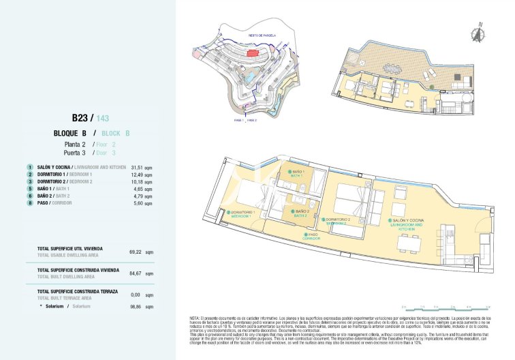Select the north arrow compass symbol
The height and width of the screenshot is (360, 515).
(x=480, y=31)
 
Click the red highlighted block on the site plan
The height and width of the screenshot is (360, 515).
(x=253, y=52)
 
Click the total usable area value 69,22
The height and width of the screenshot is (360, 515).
(x=138, y=252)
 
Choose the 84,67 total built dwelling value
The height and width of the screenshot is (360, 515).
(x=138, y=273)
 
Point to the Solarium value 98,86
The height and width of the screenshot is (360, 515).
(x=138, y=307)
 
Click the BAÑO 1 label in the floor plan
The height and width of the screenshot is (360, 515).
(x=297, y=173)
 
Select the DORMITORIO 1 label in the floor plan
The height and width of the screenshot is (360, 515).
(x=244, y=213)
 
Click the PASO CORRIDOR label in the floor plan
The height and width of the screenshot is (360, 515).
(x=311, y=237)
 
